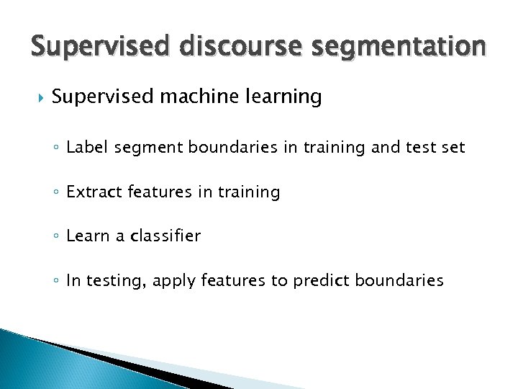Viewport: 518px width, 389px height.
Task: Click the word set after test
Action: [453, 148]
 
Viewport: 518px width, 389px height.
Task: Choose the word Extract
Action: [92, 192]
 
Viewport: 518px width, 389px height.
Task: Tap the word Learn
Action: [86, 236]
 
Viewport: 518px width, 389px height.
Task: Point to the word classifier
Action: [165, 236]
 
